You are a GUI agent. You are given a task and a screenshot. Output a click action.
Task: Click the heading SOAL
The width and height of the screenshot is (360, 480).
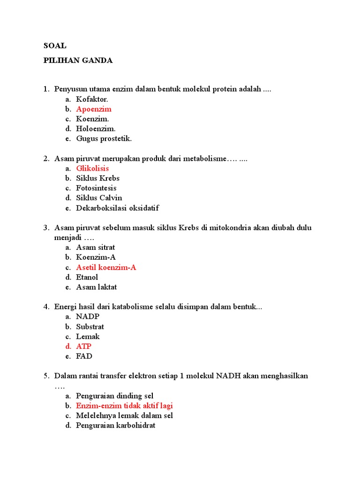pyautogui.click(x=55, y=46)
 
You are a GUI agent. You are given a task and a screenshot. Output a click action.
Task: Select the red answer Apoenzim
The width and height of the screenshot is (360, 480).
pyautogui.click(x=94, y=109)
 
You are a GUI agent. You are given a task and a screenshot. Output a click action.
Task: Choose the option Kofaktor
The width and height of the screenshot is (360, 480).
pyautogui.click(x=92, y=99)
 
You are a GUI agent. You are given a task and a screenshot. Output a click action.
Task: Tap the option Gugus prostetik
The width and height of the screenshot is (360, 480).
pyautogui.click(x=104, y=139)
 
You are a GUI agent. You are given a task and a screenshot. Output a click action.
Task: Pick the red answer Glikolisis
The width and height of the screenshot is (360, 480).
pyautogui.click(x=92, y=168)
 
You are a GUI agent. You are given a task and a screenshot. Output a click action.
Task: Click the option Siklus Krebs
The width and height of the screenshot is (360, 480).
pyautogui.click(x=98, y=178)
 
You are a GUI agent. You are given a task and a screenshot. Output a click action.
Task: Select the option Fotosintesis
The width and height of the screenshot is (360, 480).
pyautogui.click(x=96, y=188)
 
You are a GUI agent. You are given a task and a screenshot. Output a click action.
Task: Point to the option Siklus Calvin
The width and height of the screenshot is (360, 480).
pyautogui.click(x=99, y=198)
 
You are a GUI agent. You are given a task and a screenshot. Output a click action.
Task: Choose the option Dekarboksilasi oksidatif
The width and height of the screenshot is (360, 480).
pyautogui.click(x=120, y=208)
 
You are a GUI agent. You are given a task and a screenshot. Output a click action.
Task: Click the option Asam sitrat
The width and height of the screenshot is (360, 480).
pyautogui.click(x=96, y=247)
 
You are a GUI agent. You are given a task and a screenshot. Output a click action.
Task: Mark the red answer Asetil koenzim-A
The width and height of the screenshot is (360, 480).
pyautogui.click(x=106, y=267)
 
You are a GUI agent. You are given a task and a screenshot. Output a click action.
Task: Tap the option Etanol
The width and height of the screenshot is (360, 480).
pyautogui.click(x=87, y=277)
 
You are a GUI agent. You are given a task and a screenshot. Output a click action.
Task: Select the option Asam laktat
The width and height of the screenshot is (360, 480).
pyautogui.click(x=97, y=287)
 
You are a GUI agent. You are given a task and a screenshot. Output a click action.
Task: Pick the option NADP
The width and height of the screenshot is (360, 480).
pyautogui.click(x=88, y=316)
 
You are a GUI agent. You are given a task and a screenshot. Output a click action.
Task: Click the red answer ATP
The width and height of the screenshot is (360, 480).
pyautogui.click(x=84, y=346)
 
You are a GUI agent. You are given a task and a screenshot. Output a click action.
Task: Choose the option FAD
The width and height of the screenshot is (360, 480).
pyautogui.click(x=84, y=356)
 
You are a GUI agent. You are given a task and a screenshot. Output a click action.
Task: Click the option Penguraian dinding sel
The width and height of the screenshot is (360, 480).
pyautogui.click(x=115, y=396)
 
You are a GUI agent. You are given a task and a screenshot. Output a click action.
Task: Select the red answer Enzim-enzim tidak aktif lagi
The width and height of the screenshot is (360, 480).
pyautogui.click(x=127, y=406)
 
